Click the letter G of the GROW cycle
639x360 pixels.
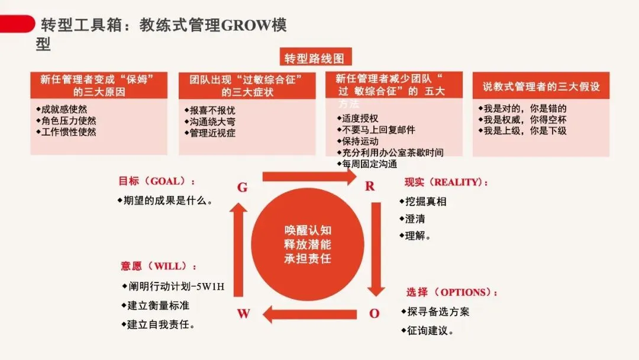coord(242,188)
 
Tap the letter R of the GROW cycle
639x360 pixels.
coord(370,187)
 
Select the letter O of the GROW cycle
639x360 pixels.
coord(374,313)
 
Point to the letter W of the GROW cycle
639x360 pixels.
coord(243,314)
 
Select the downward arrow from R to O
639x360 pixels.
coord(375,249)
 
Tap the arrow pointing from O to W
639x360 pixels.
coord(309,314)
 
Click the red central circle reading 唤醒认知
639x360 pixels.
coord(308,243)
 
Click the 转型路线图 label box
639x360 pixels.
coord(314,58)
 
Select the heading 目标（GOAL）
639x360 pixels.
coord(157,181)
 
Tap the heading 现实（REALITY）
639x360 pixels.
coord(447,182)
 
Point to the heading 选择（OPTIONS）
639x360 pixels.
coord(452,292)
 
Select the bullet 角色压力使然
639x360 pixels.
coord(68,121)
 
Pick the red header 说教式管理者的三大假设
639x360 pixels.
coord(541,86)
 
